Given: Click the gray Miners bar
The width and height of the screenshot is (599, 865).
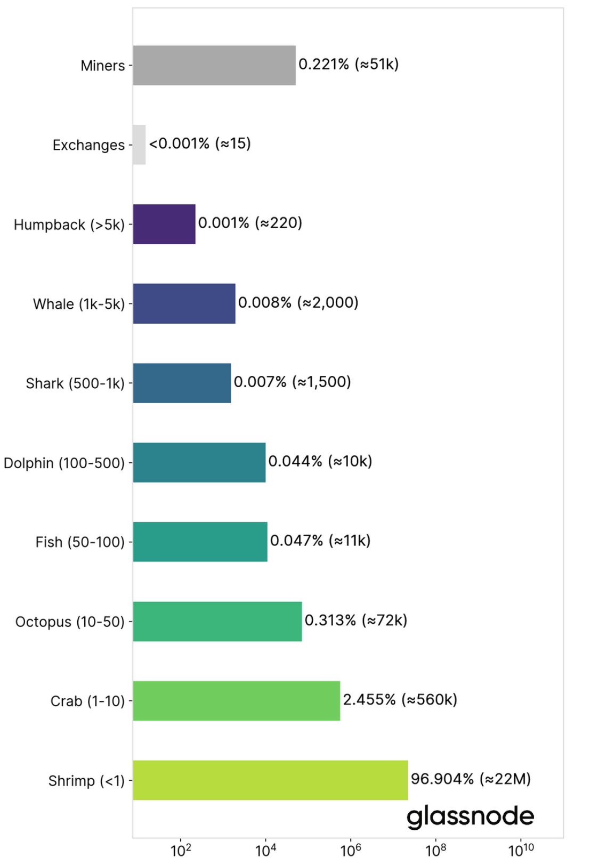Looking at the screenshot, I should pyautogui.click(x=214, y=65).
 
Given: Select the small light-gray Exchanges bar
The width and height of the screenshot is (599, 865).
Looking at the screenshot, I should pyautogui.click(x=139, y=145).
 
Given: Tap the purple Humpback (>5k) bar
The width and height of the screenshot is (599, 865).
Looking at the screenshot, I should pyautogui.click(x=164, y=224).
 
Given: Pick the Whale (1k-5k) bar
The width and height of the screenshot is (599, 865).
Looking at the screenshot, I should pyautogui.click(x=184, y=303).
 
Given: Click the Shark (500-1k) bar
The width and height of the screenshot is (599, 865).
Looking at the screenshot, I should pyautogui.click(x=182, y=383).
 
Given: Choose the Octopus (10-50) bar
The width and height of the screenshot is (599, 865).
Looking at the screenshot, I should pyautogui.click(x=217, y=621).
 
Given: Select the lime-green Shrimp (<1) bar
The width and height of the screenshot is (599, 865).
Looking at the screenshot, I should pyautogui.click(x=270, y=780).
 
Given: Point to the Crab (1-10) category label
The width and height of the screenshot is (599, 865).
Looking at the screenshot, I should pyautogui.click(x=87, y=701).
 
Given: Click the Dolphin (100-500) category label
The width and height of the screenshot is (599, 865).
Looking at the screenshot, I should pyautogui.click(x=64, y=463).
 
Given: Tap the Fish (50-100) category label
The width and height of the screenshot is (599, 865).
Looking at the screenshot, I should pyautogui.click(x=80, y=542).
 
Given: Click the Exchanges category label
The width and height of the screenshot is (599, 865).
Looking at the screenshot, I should pyautogui.click(x=88, y=145).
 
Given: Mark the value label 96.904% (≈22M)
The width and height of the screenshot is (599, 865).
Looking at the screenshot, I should pyautogui.click(x=471, y=779).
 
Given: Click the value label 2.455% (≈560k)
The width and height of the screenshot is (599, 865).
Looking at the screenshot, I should pyautogui.click(x=400, y=700).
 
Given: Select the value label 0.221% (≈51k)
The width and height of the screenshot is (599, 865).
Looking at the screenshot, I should pyautogui.click(x=349, y=65).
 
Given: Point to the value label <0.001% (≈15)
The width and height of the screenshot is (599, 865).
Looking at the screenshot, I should pyautogui.click(x=200, y=143).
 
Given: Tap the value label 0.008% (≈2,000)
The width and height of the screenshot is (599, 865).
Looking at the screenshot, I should pyautogui.click(x=298, y=302).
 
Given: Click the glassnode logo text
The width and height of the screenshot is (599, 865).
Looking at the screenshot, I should pyautogui.click(x=470, y=816).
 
